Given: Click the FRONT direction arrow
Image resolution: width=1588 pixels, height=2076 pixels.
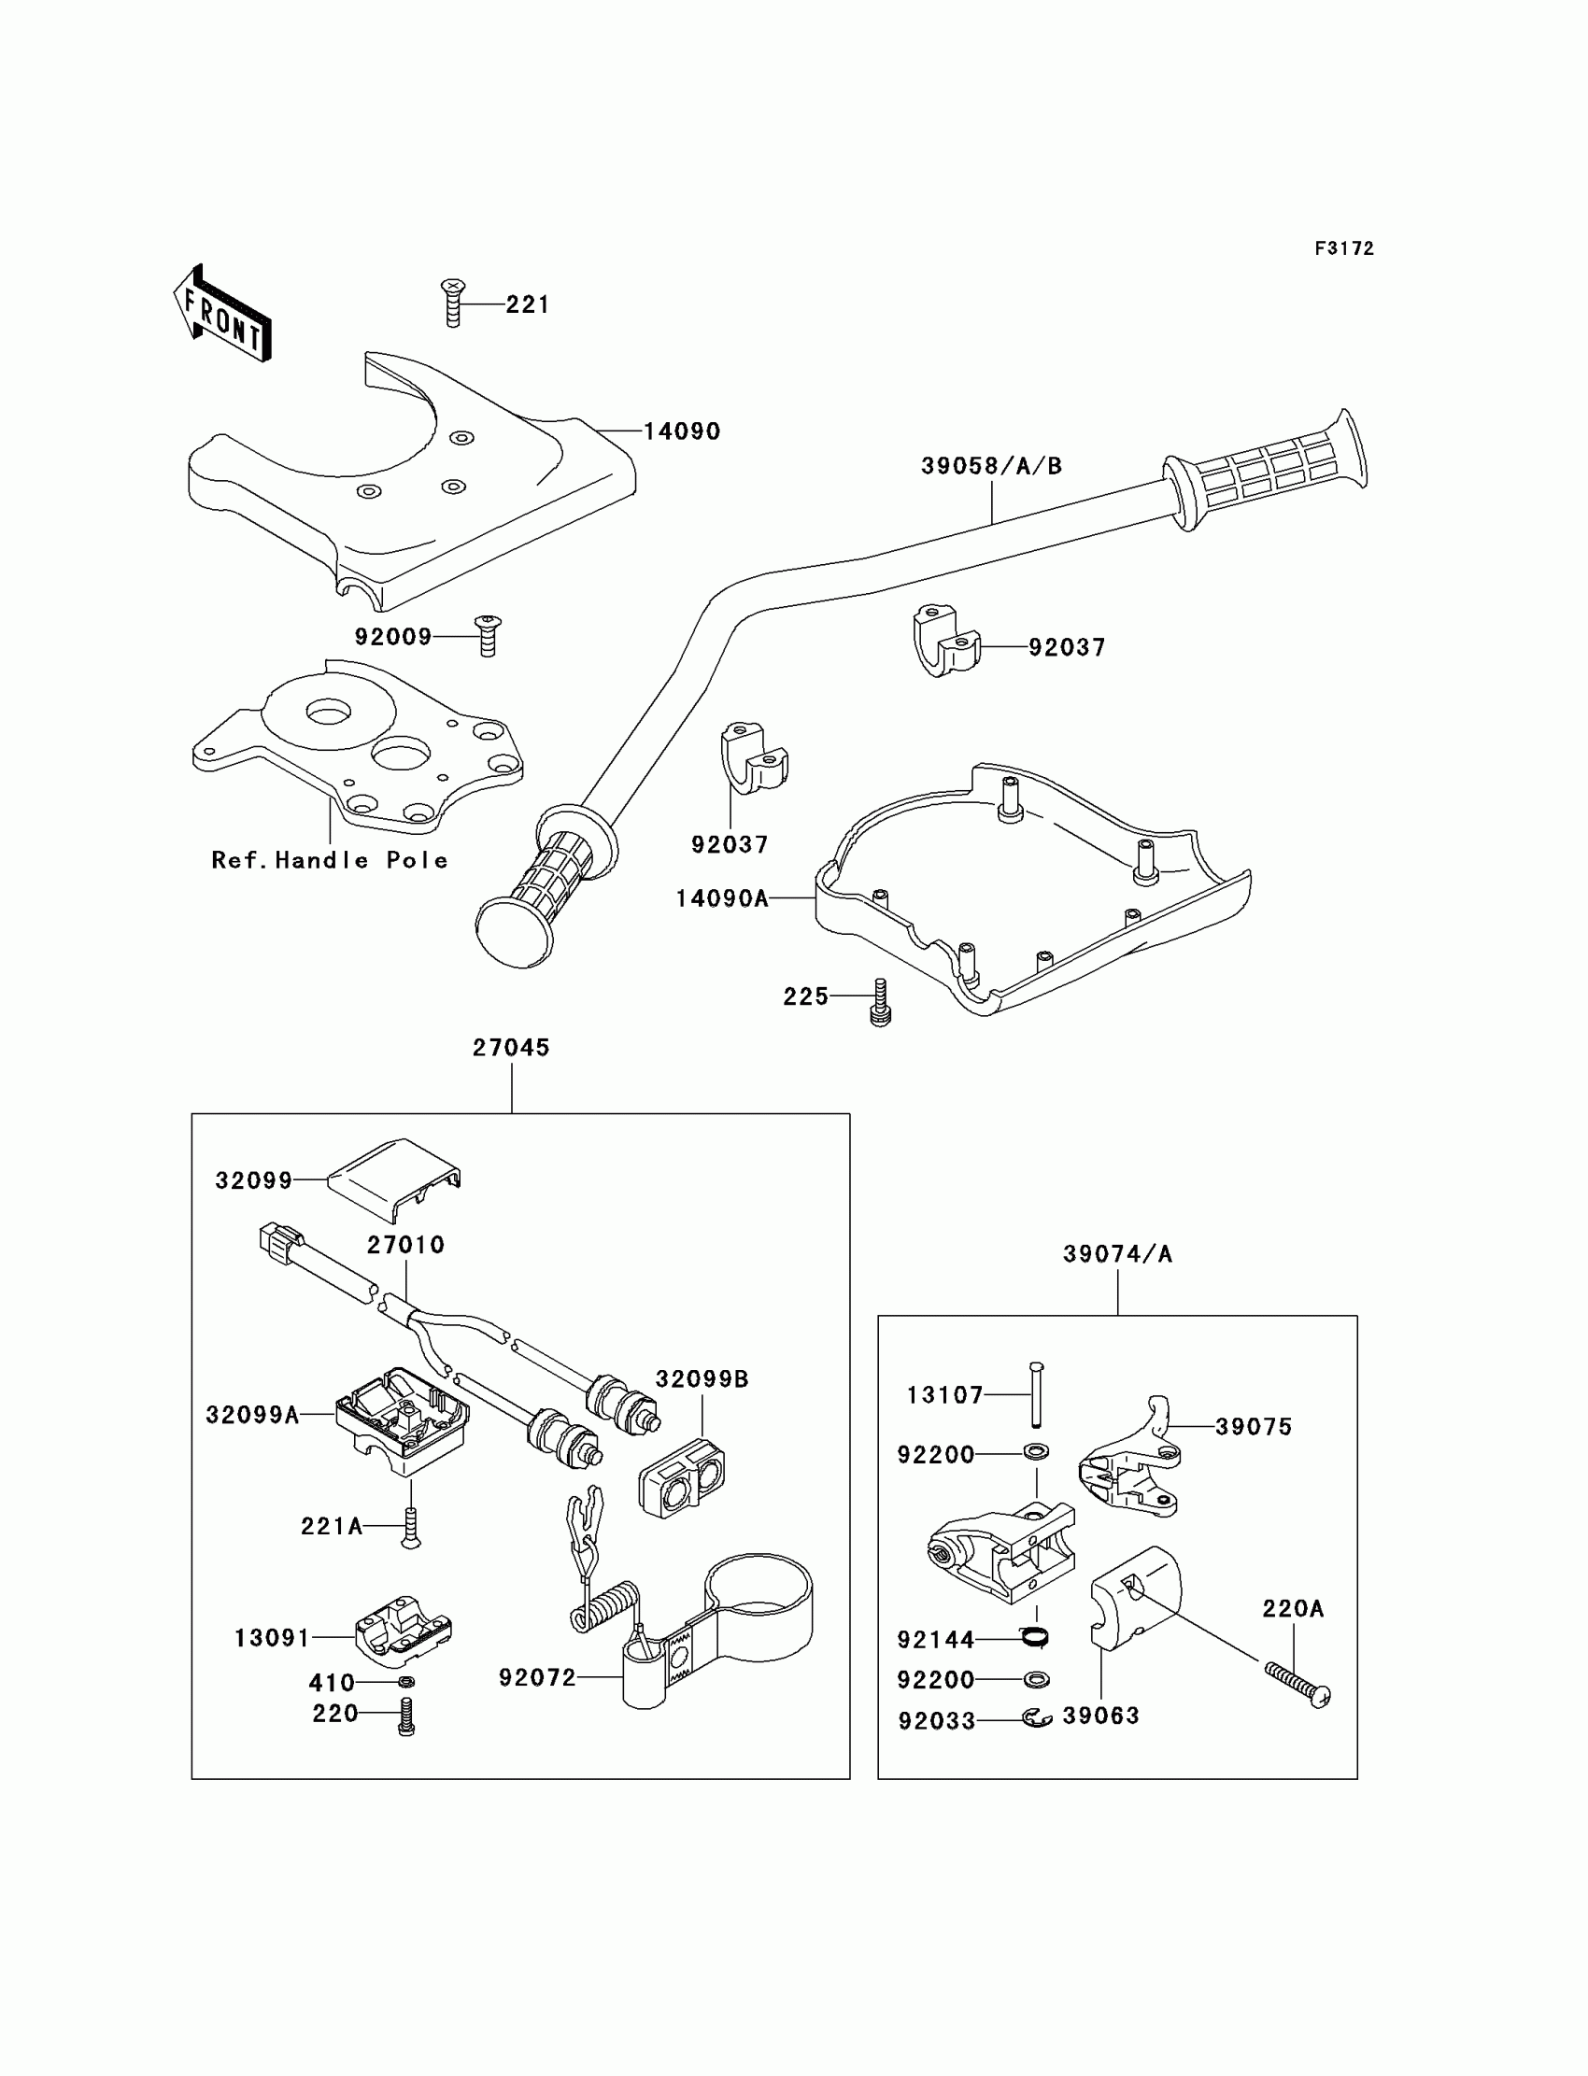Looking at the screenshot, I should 222,314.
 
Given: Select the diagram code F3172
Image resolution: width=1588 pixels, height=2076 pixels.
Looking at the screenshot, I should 1343,248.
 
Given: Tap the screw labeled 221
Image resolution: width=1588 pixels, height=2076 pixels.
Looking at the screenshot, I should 454,303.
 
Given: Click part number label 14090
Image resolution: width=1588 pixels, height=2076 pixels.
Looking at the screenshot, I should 682,431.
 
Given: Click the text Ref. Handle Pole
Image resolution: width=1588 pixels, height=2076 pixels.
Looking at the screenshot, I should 329,860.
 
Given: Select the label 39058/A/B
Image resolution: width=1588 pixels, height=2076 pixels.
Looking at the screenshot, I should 991,466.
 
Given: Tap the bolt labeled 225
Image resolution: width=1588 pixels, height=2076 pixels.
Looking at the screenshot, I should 880,1002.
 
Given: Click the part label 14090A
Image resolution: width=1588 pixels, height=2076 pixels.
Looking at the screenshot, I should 722,898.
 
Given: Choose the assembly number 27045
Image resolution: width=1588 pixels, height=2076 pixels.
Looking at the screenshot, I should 511,1047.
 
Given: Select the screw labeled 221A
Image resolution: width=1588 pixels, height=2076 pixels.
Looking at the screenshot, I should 410,1525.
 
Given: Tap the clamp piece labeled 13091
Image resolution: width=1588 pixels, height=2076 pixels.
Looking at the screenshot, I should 403,1631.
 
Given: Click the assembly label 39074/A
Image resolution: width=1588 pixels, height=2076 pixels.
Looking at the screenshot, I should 1117,1254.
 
